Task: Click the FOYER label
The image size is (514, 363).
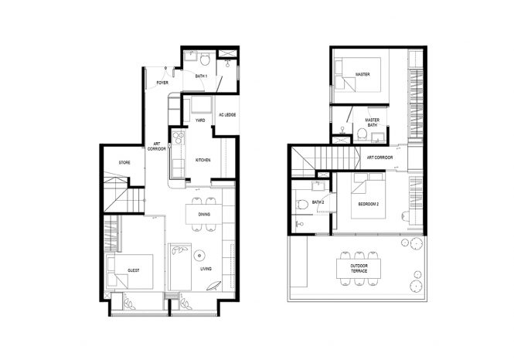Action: coord(162,82)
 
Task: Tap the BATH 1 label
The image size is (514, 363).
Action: coord(202,76)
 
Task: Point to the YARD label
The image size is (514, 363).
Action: coord(199,120)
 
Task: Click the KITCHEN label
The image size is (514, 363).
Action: coord(203,160)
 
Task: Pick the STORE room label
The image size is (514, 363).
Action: coord(124,163)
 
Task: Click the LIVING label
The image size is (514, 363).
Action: coord(206,269)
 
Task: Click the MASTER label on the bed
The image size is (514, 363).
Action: coord(363,75)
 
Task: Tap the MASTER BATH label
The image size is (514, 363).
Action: coord(373,123)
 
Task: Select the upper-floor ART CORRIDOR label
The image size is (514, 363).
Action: coord(380,158)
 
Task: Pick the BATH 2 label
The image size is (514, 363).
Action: coord(318,202)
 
